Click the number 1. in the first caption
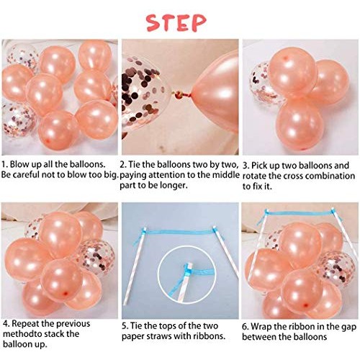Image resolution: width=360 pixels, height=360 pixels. click(6, 164)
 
